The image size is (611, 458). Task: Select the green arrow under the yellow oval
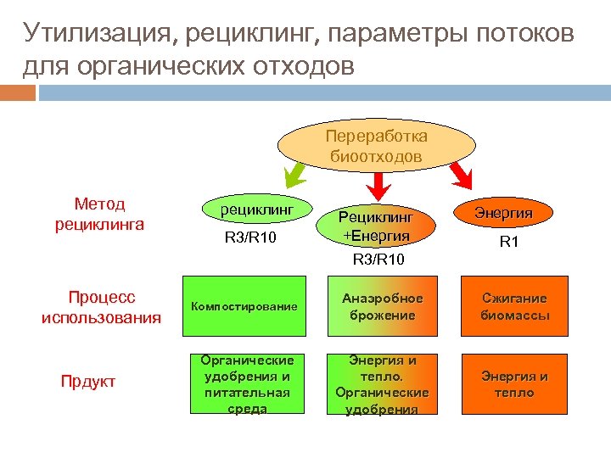298,176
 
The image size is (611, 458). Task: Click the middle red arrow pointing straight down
379,182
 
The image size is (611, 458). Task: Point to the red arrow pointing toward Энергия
461,175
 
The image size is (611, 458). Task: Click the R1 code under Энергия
508,243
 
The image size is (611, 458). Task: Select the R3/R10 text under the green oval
250,238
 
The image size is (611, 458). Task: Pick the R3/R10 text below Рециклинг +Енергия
378,258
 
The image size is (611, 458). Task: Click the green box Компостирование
244,306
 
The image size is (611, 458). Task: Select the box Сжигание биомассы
514,307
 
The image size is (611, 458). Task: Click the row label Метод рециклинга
99,214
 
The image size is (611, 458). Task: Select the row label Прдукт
87,382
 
